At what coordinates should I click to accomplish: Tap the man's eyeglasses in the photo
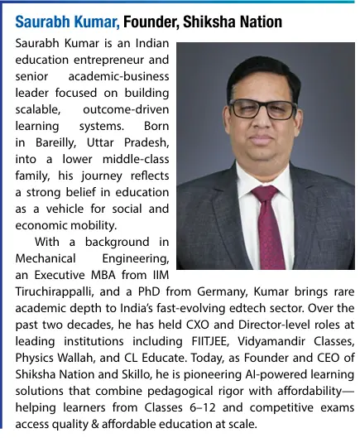262,108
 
